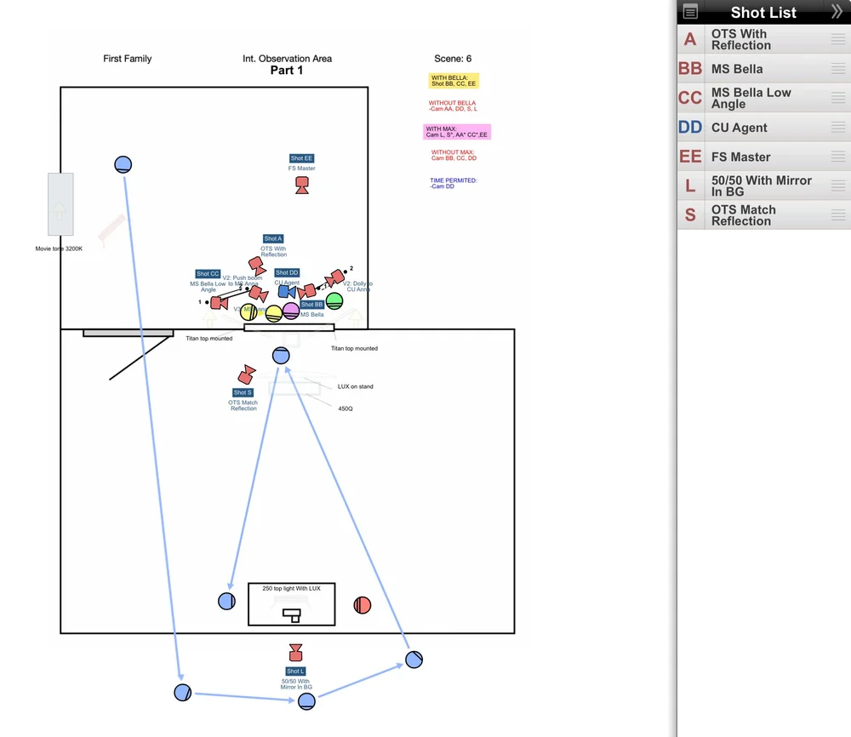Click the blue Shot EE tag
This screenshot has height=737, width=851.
pos(301,158)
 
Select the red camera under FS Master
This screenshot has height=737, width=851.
pos(301,186)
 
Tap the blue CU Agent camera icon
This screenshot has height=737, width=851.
pos(284,291)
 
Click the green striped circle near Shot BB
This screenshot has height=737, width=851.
pos(334,300)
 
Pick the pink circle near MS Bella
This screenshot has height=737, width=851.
pos(291,311)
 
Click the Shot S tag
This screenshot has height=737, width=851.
pos(243,392)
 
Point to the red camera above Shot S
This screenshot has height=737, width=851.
pos(247,374)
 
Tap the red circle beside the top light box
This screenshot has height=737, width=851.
pos(363,605)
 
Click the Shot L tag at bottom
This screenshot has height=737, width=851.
pos(295,671)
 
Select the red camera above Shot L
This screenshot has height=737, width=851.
pos(295,653)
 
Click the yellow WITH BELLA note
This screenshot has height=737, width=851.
pos(454,81)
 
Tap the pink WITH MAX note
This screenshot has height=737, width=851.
pos(457,132)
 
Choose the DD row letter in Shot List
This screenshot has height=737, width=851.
pos(690,128)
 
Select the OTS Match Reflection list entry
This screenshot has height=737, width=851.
pos(743,215)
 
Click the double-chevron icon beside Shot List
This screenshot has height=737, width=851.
pos(837,12)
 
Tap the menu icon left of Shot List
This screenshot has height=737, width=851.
pos(690,12)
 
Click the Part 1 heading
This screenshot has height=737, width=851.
pos(287,71)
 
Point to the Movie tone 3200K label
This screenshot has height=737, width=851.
pos(59,249)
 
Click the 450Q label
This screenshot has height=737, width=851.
pos(346,408)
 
